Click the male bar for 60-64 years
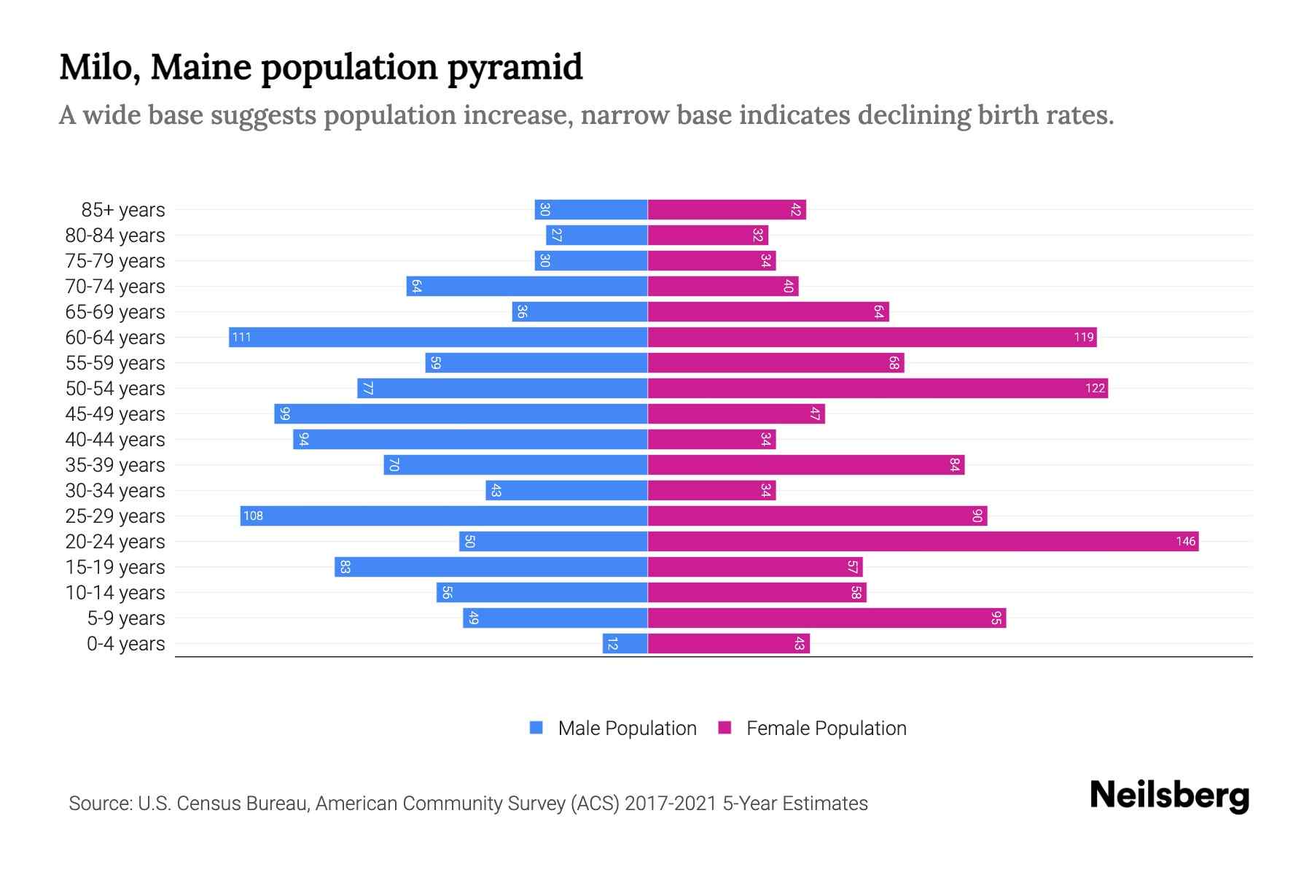[438, 337]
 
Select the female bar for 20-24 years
[923, 541]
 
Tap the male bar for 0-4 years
[625, 643]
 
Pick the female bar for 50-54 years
[878, 388]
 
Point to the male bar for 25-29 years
[444, 516]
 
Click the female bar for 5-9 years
[827, 618]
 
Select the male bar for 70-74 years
[527, 286]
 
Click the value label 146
[1185, 541]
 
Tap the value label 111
[241, 337]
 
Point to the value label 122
[1095, 388]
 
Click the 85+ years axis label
[123, 210]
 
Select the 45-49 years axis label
[115, 414]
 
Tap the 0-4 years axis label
[125, 644]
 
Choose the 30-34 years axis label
[115, 491]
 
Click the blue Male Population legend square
[536, 728]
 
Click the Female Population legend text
[826, 728]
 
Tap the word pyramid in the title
[515, 67]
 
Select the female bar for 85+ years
[727, 209]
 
